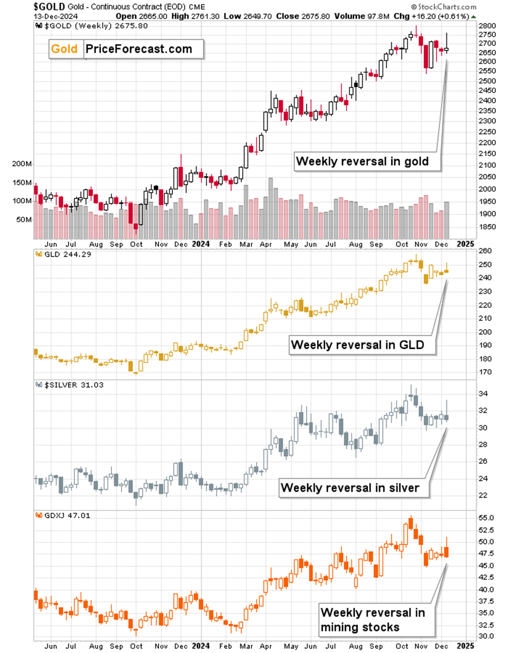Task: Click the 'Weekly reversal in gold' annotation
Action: pyautogui.click(x=362, y=161)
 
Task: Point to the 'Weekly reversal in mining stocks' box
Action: pyautogui.click(x=372, y=619)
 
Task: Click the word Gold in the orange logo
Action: pyautogui.click(x=64, y=49)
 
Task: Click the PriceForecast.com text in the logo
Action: pyautogui.click(x=138, y=49)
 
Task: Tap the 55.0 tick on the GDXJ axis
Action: pyautogui.click(x=487, y=518)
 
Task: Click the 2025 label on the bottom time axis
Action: pyautogui.click(x=466, y=645)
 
